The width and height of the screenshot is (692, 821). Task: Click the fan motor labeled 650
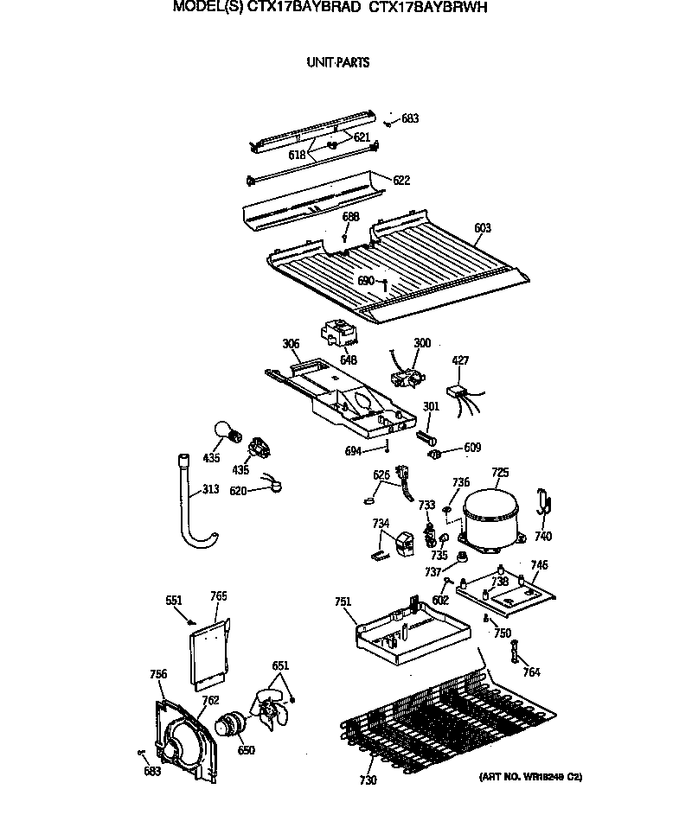(232, 724)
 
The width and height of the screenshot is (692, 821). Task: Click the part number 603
(483, 228)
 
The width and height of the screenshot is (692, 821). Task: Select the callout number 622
(401, 181)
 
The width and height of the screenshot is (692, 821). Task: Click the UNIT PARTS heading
(337, 62)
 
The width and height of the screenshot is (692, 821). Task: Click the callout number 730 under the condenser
(368, 780)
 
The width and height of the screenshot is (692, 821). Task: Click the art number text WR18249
(529, 778)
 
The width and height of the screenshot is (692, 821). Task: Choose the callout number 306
(291, 344)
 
